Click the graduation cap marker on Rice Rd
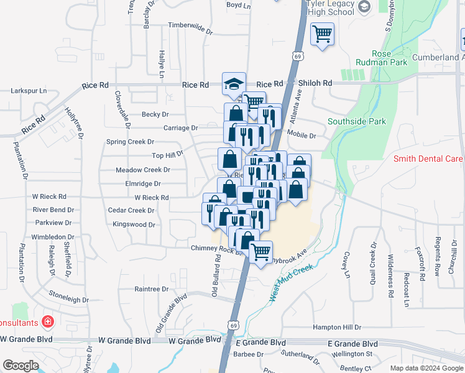tap(234, 84)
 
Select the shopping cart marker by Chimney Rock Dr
tap(261, 252)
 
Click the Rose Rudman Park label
tap(381, 58)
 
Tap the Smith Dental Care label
tap(428, 159)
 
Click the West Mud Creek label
tap(290, 282)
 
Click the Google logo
tap(21, 365)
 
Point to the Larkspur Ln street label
tap(29, 91)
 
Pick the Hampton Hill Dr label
tap(337, 327)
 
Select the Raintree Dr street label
tap(152, 289)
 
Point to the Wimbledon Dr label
tap(53, 237)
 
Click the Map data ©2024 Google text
tap(426, 368)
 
